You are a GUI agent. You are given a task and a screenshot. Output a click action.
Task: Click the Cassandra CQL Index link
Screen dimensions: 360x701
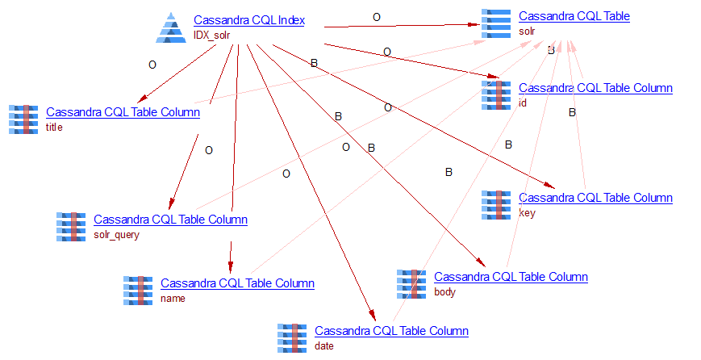click(248, 20)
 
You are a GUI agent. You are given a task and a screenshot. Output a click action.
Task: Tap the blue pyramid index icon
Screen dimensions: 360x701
click(172, 27)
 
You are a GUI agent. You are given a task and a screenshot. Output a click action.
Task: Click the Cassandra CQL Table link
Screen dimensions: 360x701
click(574, 16)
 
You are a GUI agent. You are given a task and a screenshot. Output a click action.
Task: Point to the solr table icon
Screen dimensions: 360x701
click(495, 23)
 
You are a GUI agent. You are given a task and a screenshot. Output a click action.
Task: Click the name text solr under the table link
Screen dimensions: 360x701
click(528, 31)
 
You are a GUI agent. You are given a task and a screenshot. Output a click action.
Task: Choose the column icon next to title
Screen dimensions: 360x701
click(23, 119)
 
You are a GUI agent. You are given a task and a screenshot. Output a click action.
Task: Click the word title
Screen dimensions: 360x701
click(54, 127)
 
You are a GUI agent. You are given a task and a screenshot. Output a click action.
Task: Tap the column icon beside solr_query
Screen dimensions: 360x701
click(71, 227)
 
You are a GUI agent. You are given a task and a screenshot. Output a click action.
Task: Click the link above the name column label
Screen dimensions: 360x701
click(237, 283)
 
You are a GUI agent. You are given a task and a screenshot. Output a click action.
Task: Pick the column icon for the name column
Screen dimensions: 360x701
click(138, 291)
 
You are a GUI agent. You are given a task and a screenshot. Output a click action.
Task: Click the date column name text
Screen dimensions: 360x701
click(323, 345)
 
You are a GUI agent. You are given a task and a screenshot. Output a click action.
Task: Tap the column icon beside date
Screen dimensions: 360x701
click(292, 338)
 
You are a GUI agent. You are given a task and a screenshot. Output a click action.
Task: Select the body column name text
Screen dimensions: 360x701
click(444, 291)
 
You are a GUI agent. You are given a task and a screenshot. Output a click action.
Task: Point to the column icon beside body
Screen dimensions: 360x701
click(411, 284)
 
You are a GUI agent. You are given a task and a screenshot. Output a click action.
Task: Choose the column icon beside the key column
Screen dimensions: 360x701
click(495, 205)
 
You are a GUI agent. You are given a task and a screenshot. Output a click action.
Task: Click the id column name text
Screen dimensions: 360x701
click(522, 103)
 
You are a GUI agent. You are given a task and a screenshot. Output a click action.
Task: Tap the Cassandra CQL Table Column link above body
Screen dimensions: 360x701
click(511, 277)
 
